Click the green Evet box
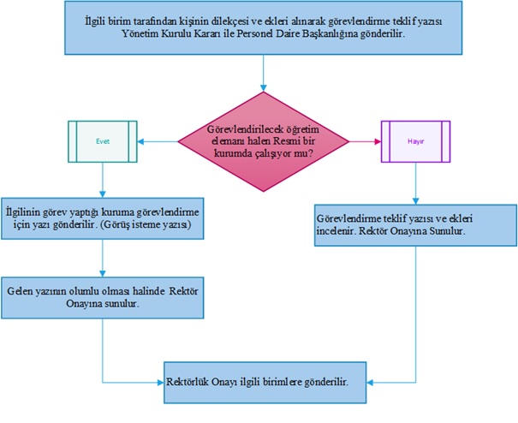click(x=102, y=140)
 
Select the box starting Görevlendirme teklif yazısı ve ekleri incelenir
click(x=414, y=223)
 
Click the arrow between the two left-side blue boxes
click(x=102, y=258)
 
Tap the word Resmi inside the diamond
click(x=298, y=140)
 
